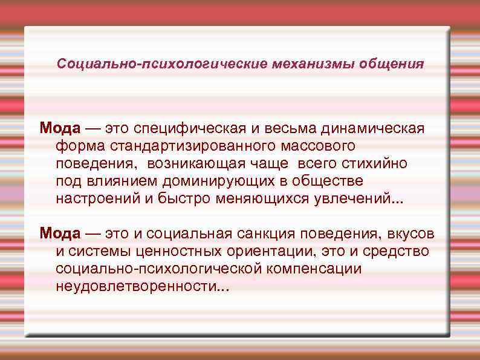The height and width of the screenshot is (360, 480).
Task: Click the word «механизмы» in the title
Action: (x=320, y=64)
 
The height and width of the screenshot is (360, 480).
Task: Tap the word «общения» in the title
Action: (x=395, y=64)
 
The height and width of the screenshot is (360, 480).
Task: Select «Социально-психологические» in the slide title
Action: (x=163, y=64)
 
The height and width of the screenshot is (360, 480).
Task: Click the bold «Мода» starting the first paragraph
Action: (x=60, y=129)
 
